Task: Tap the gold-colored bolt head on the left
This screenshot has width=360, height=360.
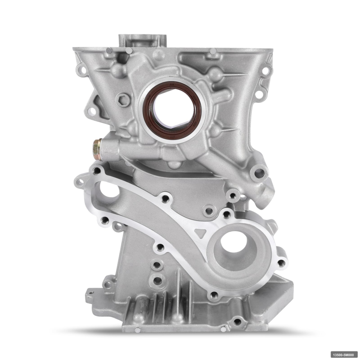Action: coord(97,149)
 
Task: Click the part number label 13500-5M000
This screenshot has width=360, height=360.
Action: coord(343,355)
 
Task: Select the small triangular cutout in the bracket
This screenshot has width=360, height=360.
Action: coord(200,233)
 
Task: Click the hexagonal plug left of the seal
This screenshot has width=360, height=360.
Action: coord(122,99)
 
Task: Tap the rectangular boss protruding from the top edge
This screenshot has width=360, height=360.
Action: coord(143,41)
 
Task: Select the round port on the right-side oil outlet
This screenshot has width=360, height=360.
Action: coord(259,172)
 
